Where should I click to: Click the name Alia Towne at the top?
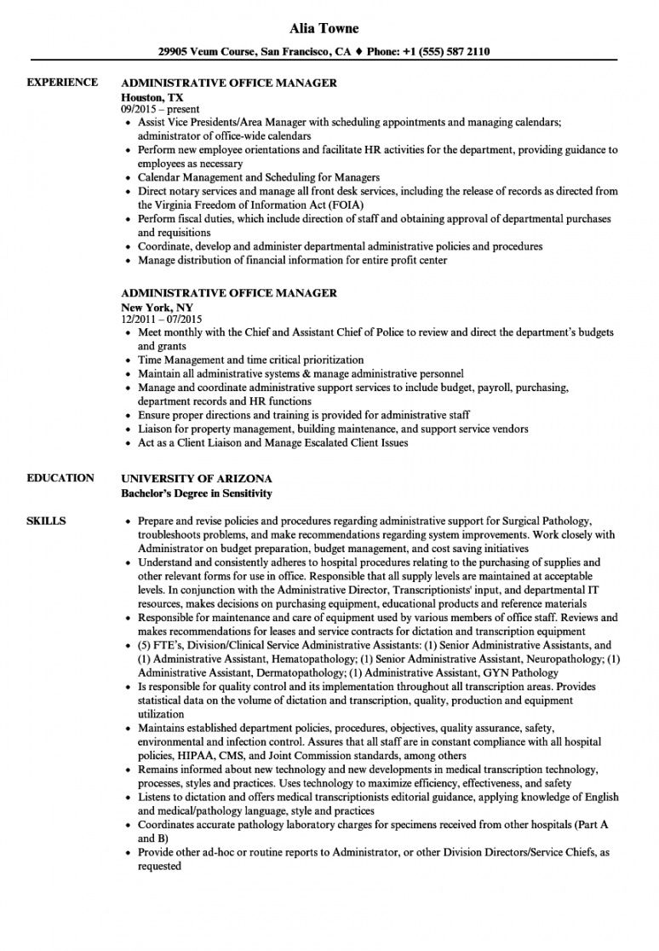click(x=329, y=28)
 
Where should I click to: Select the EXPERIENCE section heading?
click(x=61, y=83)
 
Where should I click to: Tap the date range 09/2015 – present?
click(x=161, y=109)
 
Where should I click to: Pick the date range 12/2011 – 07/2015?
click(x=166, y=319)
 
